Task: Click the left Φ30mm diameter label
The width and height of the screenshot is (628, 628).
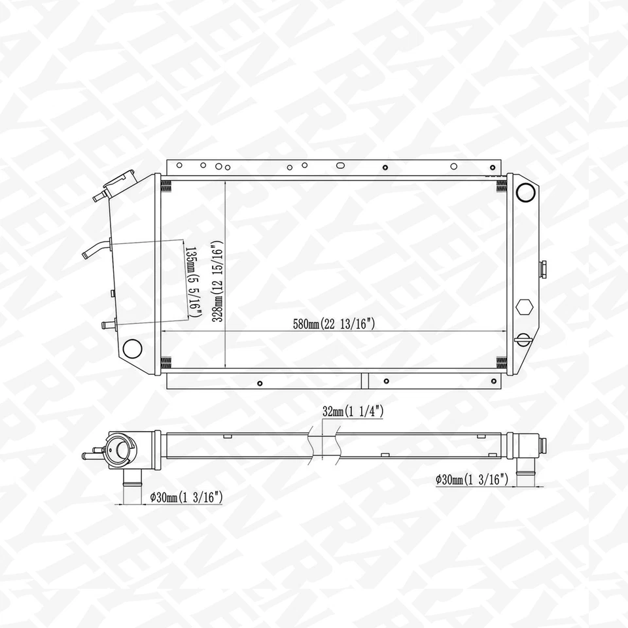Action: (x=186, y=498)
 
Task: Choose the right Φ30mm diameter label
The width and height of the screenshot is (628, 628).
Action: (x=472, y=480)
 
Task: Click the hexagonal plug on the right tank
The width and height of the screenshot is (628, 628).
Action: (x=523, y=307)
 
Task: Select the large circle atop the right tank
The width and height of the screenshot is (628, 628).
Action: (x=525, y=192)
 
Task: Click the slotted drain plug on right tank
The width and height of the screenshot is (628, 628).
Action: (x=523, y=339)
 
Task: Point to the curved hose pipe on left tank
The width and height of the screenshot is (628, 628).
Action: (x=96, y=250)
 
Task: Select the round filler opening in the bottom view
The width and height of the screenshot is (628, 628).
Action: (x=121, y=450)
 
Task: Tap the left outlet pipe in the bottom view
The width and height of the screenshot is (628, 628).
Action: (x=133, y=487)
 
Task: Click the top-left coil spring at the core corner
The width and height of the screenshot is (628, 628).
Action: (x=166, y=186)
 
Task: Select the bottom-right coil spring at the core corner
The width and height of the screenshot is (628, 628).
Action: (x=501, y=362)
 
